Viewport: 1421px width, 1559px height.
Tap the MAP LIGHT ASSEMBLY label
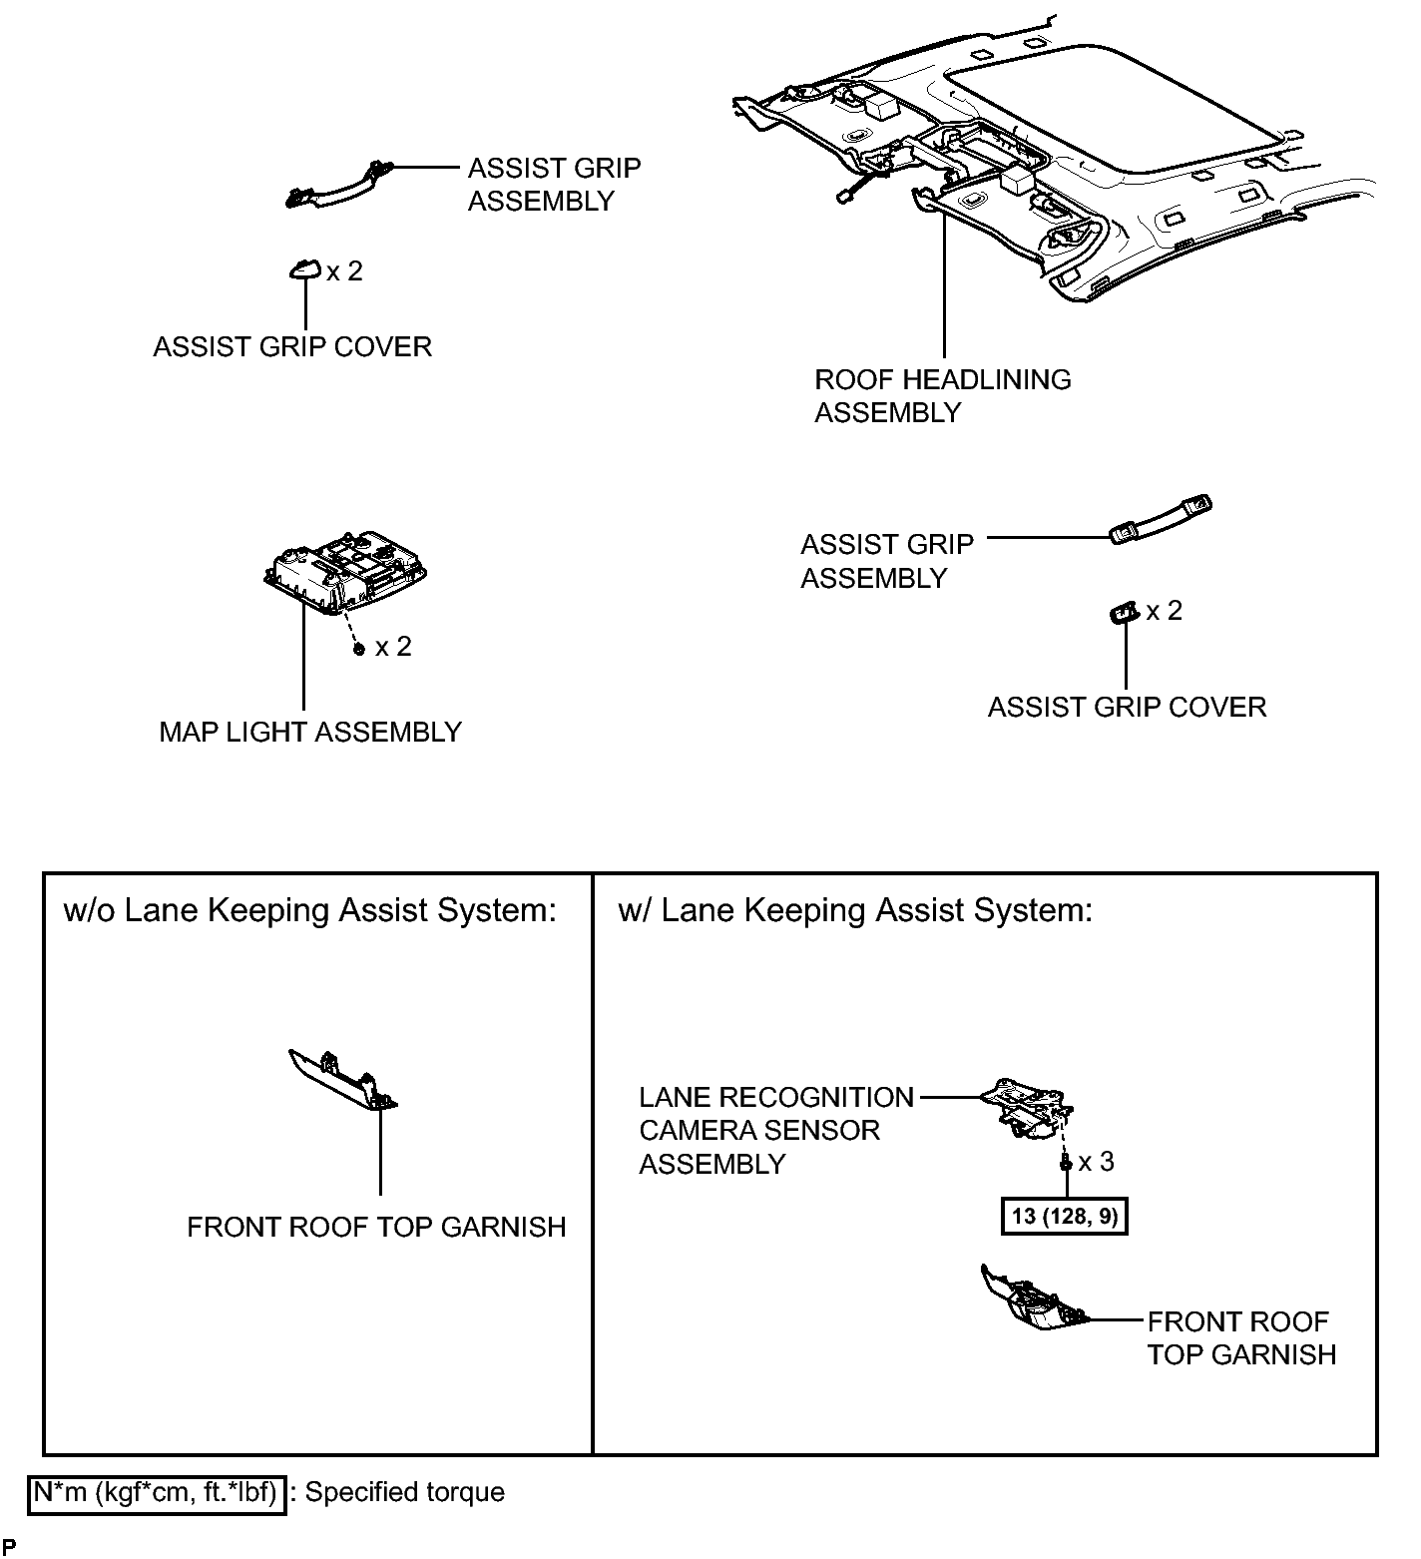coord(310,732)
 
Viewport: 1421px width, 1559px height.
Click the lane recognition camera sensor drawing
coord(1027,1106)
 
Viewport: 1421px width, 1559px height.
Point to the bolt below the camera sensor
coord(1066,1162)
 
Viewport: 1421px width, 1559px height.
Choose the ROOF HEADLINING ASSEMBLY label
coord(942,395)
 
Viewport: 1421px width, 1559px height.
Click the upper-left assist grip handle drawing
coord(339,185)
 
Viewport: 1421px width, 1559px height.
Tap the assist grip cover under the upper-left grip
coord(304,269)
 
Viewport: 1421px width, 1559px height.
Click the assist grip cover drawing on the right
coord(1124,612)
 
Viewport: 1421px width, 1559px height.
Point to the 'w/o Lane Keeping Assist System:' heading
coord(309,910)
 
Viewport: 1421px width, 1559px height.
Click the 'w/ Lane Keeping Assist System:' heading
coord(855,910)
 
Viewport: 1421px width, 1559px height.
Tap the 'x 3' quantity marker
coord(1096,1161)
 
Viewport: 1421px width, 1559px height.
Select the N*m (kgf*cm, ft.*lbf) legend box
coord(157,1493)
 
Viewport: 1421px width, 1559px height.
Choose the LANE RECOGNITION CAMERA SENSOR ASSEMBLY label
coord(776,1130)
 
